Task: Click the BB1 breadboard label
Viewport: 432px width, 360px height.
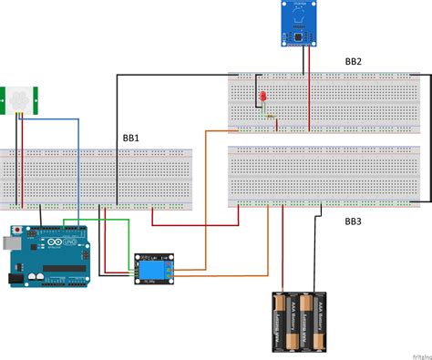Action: click(x=130, y=139)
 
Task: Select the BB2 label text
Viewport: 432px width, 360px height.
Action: click(x=352, y=61)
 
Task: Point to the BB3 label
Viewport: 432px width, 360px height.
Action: click(x=353, y=221)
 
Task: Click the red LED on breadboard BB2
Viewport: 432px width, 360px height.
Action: click(x=262, y=96)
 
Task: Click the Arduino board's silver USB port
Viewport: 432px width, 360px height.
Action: click(x=10, y=242)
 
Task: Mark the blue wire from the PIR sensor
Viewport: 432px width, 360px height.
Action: click(x=78, y=164)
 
